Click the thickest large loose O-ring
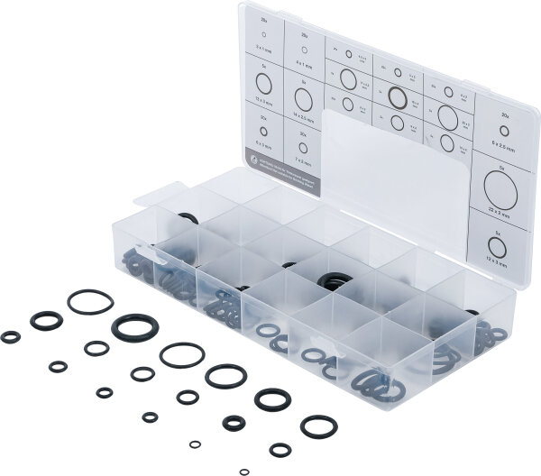pyautogui.click(x=133, y=327)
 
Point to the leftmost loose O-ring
pyautogui.click(x=11, y=337)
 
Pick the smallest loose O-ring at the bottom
pyautogui.click(x=243, y=471)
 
